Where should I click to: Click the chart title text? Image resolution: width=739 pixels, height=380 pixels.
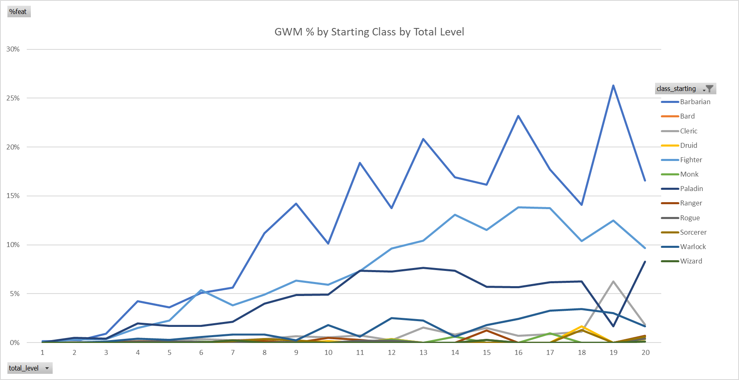[x=369, y=32]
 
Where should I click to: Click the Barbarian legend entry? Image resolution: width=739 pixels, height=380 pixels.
[x=695, y=102]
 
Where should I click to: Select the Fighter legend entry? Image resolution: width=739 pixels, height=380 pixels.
[x=691, y=160]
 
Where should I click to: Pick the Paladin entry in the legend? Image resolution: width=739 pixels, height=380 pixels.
[x=691, y=189]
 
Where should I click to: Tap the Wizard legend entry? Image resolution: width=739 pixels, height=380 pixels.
[x=691, y=261]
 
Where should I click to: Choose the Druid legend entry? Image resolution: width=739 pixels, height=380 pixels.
[x=688, y=145]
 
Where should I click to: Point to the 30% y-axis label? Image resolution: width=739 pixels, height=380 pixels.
[x=13, y=49]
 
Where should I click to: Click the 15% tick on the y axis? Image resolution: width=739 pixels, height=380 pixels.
[x=13, y=196]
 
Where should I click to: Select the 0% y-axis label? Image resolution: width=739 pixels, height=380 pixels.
[x=14, y=343]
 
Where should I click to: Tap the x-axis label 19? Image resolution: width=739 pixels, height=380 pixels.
[x=613, y=352]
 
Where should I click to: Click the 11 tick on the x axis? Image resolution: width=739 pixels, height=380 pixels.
[x=360, y=352]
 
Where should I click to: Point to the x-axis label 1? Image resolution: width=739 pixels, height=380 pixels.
[x=42, y=352]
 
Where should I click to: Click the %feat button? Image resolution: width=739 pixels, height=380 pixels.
[x=19, y=12]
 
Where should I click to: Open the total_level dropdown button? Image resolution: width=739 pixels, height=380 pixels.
[x=47, y=368]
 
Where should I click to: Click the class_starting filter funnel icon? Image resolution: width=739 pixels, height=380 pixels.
[x=709, y=89]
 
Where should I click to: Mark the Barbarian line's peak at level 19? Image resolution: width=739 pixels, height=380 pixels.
[x=613, y=86]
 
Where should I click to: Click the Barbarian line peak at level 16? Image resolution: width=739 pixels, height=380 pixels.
[x=518, y=116]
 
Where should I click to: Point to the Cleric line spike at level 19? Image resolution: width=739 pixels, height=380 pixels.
[x=613, y=282]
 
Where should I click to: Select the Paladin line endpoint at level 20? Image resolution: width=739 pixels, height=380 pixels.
[x=645, y=262]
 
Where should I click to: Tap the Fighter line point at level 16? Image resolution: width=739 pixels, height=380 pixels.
[x=518, y=207]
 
